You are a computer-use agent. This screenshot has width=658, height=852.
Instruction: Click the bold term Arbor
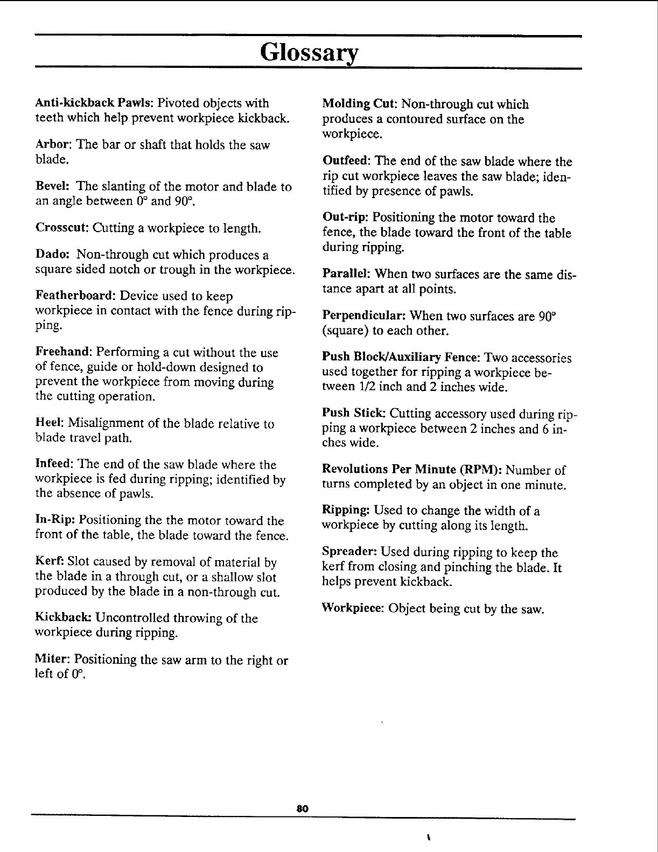click(54, 145)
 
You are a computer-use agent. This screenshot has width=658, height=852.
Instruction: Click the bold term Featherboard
click(76, 296)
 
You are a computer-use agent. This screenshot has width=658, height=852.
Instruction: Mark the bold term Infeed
click(54, 464)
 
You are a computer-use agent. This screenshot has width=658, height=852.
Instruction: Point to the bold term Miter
click(52, 659)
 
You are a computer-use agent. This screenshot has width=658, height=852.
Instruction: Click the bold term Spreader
click(349, 552)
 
